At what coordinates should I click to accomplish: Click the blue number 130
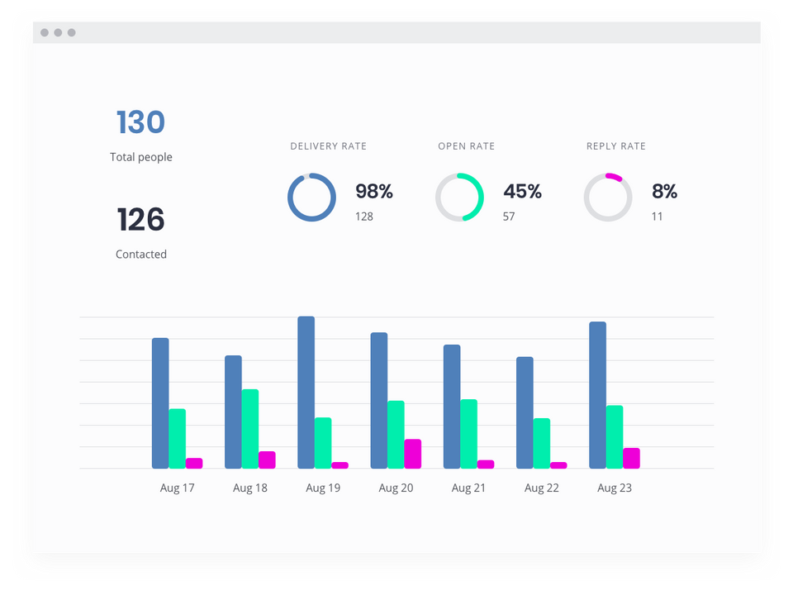(x=140, y=122)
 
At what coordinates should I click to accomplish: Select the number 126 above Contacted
(x=140, y=219)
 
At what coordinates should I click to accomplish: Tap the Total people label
(x=141, y=157)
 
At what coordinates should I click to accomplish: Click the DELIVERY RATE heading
(x=328, y=146)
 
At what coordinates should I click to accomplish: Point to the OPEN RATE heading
(x=466, y=146)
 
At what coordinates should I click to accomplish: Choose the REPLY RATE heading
(x=616, y=146)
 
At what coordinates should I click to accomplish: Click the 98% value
(x=374, y=191)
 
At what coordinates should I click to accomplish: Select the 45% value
(x=522, y=191)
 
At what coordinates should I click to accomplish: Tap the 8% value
(x=664, y=191)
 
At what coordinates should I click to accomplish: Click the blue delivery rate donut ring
(x=290, y=198)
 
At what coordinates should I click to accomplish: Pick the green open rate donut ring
(x=481, y=198)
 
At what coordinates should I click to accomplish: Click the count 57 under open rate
(x=509, y=217)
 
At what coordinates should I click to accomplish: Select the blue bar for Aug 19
(x=306, y=393)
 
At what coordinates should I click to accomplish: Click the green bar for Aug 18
(x=249, y=429)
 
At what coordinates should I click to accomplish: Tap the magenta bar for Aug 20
(x=413, y=454)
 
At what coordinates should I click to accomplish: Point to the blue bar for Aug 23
(x=598, y=395)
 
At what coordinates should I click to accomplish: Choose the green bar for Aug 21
(x=469, y=434)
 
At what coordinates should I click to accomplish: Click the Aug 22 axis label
(x=542, y=488)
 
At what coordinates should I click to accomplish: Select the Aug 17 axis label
(x=178, y=488)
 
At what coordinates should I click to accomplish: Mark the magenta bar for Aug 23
(x=631, y=459)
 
